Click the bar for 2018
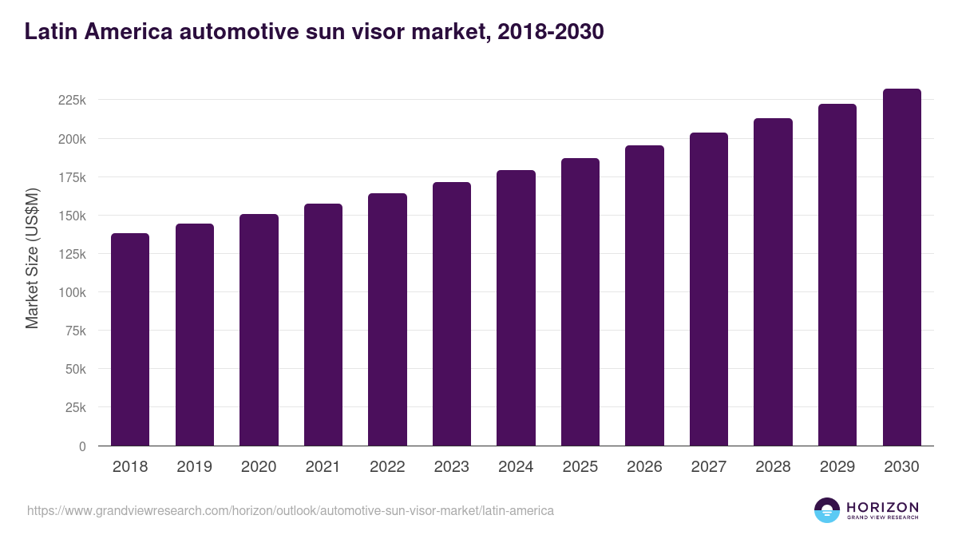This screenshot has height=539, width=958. (x=130, y=339)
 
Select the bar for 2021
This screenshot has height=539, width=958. (x=323, y=325)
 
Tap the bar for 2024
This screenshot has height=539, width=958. (x=516, y=308)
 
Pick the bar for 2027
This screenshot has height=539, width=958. (x=709, y=289)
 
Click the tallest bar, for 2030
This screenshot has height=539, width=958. (x=901, y=268)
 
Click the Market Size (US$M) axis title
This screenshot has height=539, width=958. (x=32, y=258)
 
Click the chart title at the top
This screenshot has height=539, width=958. (x=314, y=32)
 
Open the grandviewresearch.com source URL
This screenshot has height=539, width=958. (x=290, y=510)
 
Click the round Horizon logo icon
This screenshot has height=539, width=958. (x=827, y=510)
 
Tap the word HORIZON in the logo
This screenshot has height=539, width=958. (x=882, y=506)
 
